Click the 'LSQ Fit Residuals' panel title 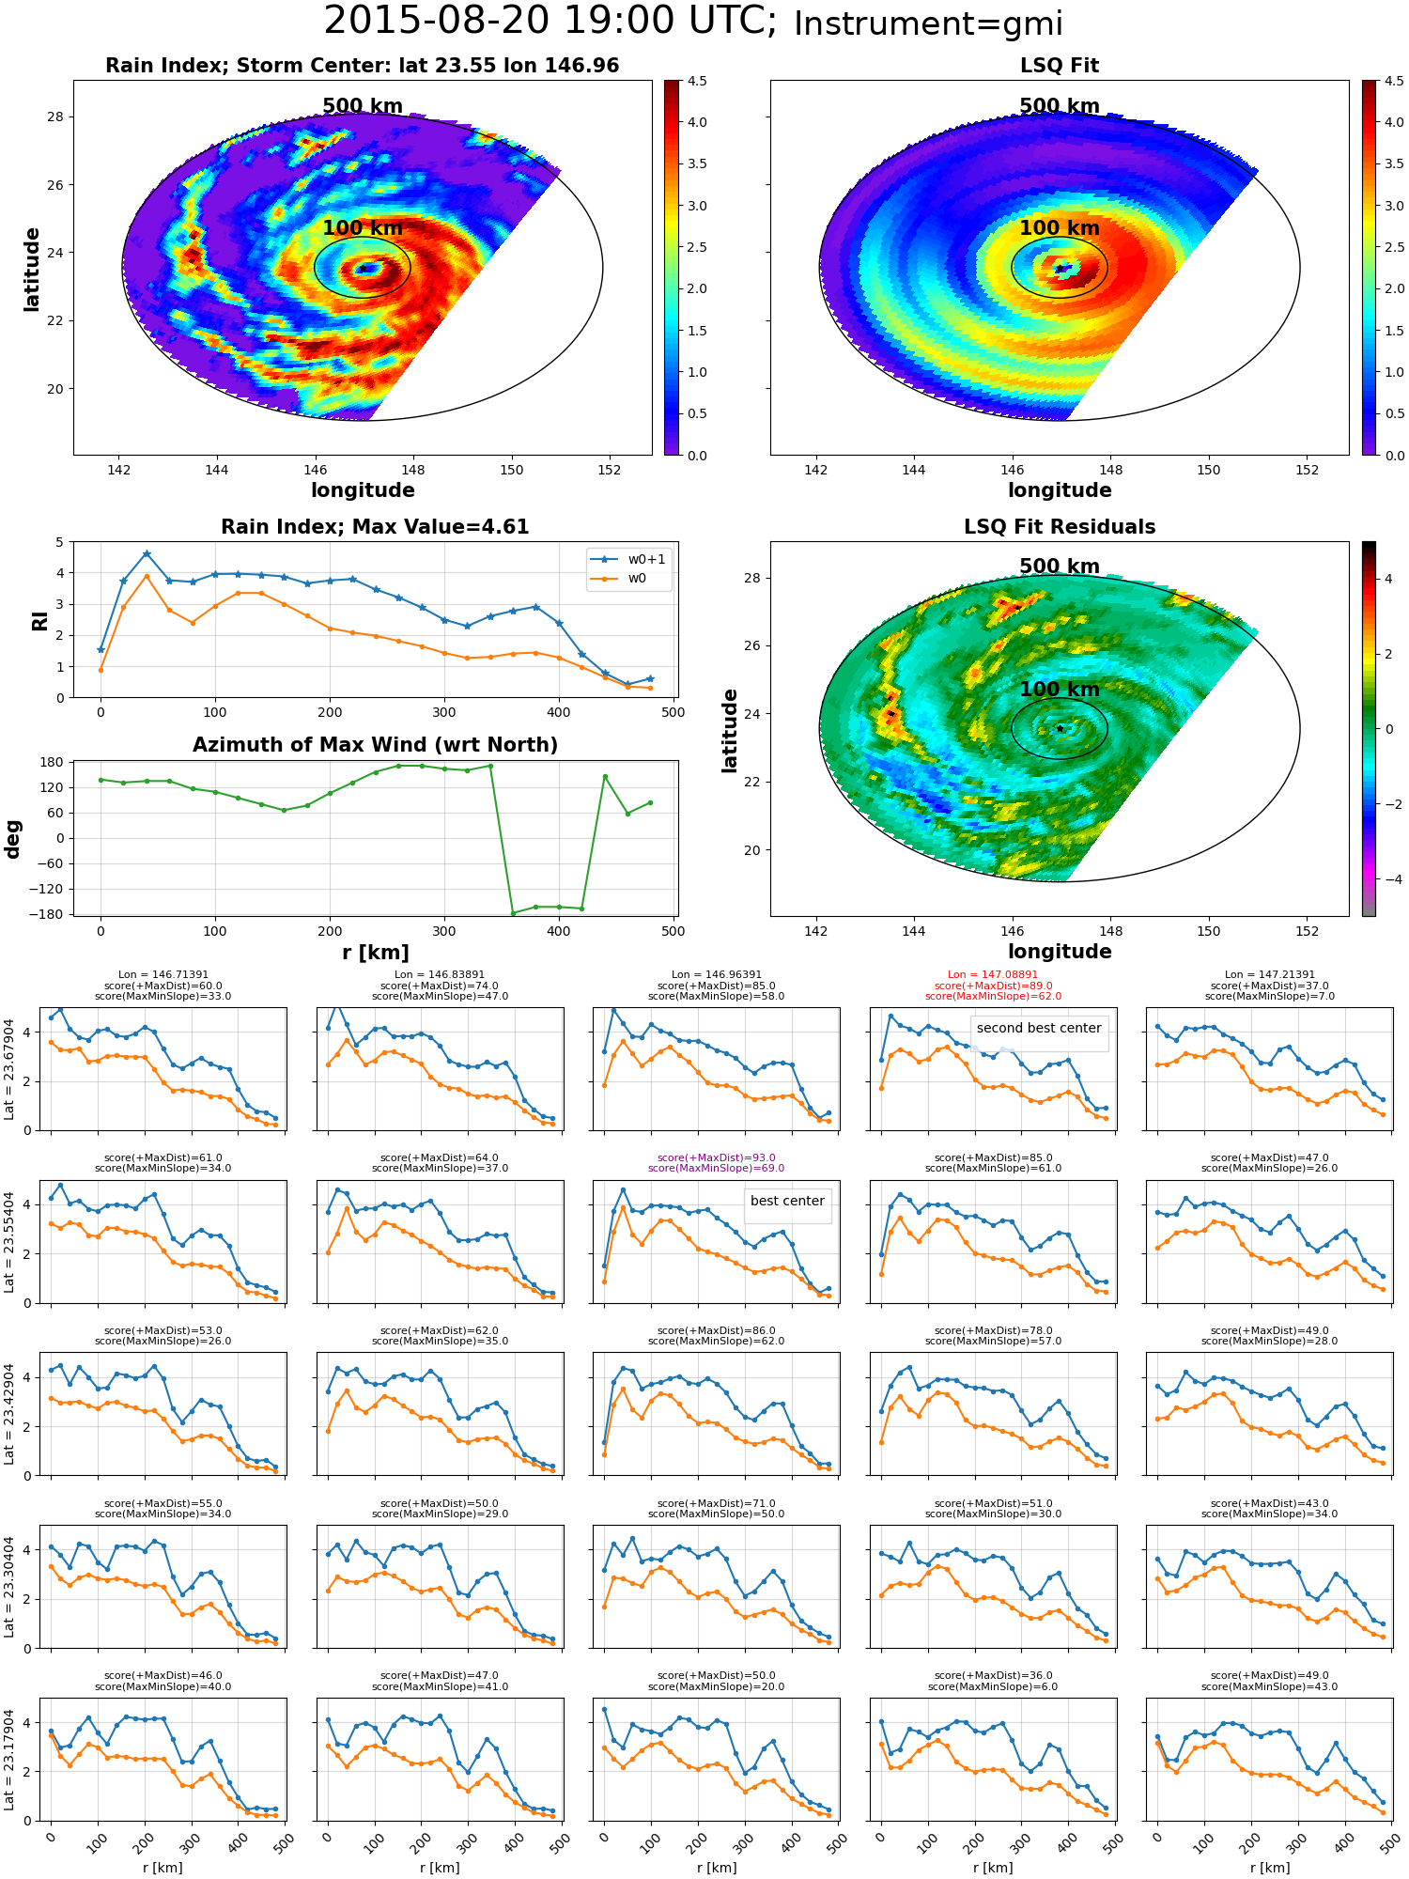[1060, 527]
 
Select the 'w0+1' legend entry [628, 559]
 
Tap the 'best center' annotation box [787, 1201]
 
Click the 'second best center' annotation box [1039, 1028]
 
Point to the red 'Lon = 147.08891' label [993, 975]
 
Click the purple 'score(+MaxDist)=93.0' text [717, 1157]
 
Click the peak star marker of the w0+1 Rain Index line [147, 554]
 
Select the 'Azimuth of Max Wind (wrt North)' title [376, 745]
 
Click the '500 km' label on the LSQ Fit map [1060, 106]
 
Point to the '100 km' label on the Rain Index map [363, 228]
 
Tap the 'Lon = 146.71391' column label [163, 975]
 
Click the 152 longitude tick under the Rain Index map [609, 470]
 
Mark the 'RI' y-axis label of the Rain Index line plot [40, 620]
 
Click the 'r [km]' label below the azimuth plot [376, 953]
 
